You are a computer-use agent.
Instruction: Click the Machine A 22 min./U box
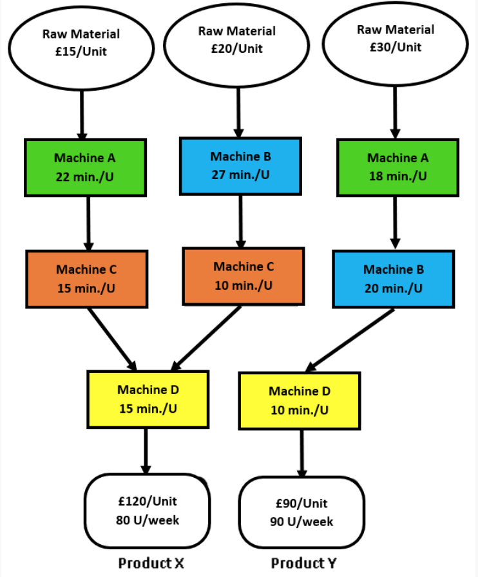tap(85, 167)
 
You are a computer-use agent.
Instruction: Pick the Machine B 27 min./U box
tap(240, 165)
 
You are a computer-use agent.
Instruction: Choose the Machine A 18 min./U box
tap(397, 167)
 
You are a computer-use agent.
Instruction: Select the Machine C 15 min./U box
tap(86, 279)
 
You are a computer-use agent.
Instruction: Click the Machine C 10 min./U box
tap(243, 276)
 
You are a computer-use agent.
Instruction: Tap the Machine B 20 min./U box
tap(393, 279)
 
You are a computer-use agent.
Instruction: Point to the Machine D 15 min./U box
tap(148, 399)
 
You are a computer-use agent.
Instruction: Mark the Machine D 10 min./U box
tap(300, 401)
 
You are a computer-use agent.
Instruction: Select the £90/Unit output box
tap(301, 513)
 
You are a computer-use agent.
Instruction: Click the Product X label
tap(151, 563)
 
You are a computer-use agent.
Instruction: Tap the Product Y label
tap(303, 563)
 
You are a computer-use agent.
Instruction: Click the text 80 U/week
tap(148, 520)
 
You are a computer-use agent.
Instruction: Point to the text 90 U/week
tap(301, 522)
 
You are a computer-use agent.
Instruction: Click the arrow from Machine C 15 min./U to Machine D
tap(112, 339)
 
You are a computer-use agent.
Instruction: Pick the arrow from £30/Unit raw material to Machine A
tap(395, 112)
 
